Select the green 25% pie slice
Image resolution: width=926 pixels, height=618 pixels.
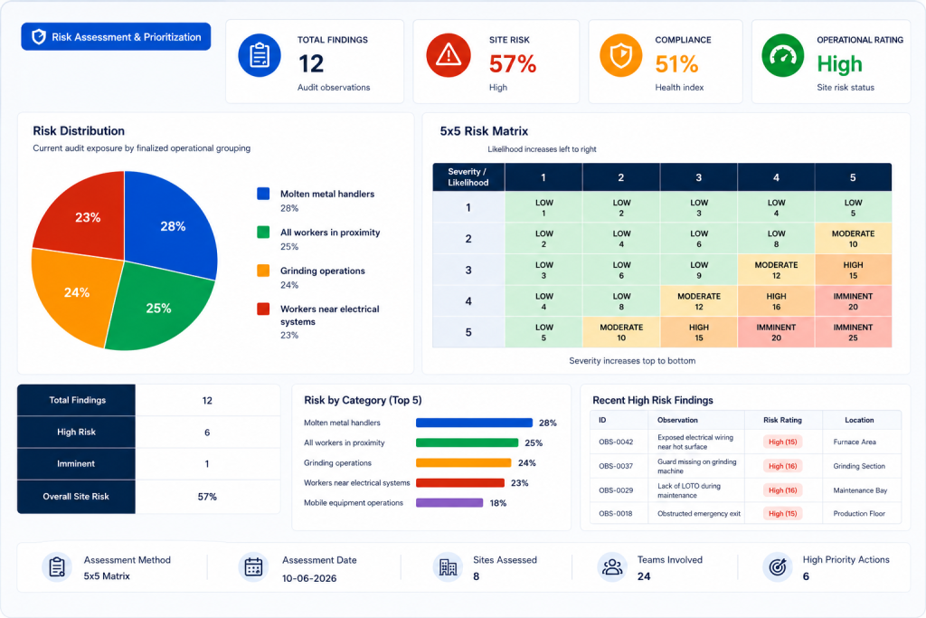click(x=156, y=308)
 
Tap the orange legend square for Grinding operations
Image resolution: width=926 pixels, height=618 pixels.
click(x=263, y=271)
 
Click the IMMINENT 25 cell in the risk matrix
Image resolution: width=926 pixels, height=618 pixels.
click(x=853, y=332)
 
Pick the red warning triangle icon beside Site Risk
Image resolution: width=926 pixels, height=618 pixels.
click(x=449, y=55)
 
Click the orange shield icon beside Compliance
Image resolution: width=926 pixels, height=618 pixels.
click(x=620, y=55)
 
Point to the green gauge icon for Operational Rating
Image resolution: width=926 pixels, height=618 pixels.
click(x=782, y=55)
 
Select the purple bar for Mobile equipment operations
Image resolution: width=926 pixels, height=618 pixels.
click(x=449, y=503)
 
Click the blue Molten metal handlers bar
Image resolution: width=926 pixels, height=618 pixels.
click(x=474, y=423)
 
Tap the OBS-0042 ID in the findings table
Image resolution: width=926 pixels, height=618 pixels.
click(x=616, y=442)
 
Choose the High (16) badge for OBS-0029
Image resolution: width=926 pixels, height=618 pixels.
click(x=782, y=490)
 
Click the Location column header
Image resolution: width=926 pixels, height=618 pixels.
click(x=859, y=420)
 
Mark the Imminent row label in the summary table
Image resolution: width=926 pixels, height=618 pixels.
click(x=76, y=464)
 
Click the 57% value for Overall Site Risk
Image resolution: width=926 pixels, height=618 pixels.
click(x=207, y=497)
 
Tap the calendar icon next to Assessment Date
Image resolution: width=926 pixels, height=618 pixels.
click(x=253, y=567)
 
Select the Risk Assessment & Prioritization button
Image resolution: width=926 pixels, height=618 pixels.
click(x=116, y=36)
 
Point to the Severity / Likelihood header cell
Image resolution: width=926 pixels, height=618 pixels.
click(x=468, y=177)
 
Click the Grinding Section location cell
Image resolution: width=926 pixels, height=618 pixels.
click(x=859, y=466)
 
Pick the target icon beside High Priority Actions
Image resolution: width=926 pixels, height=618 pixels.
click(x=777, y=567)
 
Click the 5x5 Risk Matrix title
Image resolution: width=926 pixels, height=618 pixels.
click(x=484, y=131)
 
